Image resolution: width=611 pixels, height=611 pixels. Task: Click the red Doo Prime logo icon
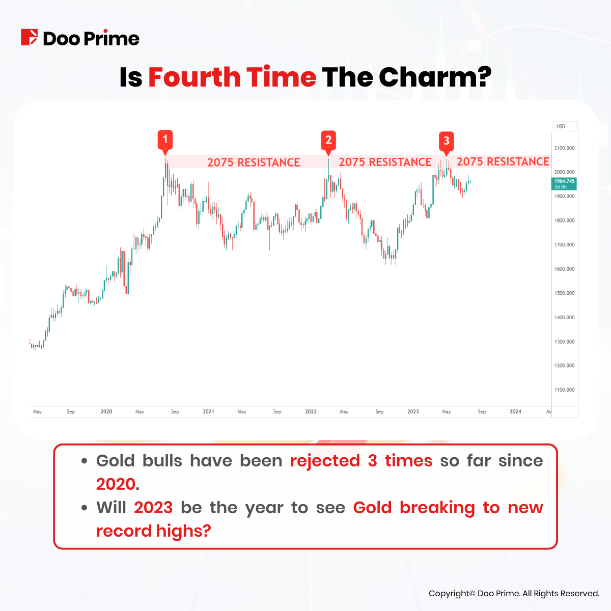[x=29, y=38]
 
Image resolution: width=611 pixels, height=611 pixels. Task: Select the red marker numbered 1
[x=165, y=140]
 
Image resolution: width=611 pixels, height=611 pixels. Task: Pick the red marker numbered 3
[x=447, y=142]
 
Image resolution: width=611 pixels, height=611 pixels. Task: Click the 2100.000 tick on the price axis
[x=564, y=148]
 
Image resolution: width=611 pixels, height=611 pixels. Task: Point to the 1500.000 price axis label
[x=564, y=293]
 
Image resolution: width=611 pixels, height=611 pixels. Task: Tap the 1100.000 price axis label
[x=564, y=390]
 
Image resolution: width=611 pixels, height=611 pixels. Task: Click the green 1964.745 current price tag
[x=564, y=184]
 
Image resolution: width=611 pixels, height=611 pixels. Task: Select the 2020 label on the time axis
[x=106, y=411]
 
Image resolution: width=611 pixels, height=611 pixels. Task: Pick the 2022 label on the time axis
[x=311, y=411]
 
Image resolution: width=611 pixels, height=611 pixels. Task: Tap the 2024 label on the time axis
[x=515, y=411]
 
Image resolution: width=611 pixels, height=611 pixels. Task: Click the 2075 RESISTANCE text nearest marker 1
[x=254, y=162]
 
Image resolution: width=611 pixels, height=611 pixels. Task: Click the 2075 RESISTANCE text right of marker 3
[x=503, y=162]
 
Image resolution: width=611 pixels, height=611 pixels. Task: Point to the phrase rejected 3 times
[x=361, y=461]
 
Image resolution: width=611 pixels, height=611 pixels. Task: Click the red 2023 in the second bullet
[x=153, y=508]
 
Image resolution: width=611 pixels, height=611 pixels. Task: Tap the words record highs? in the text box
[x=153, y=531]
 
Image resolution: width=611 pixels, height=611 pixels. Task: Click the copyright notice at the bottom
[x=514, y=593]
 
